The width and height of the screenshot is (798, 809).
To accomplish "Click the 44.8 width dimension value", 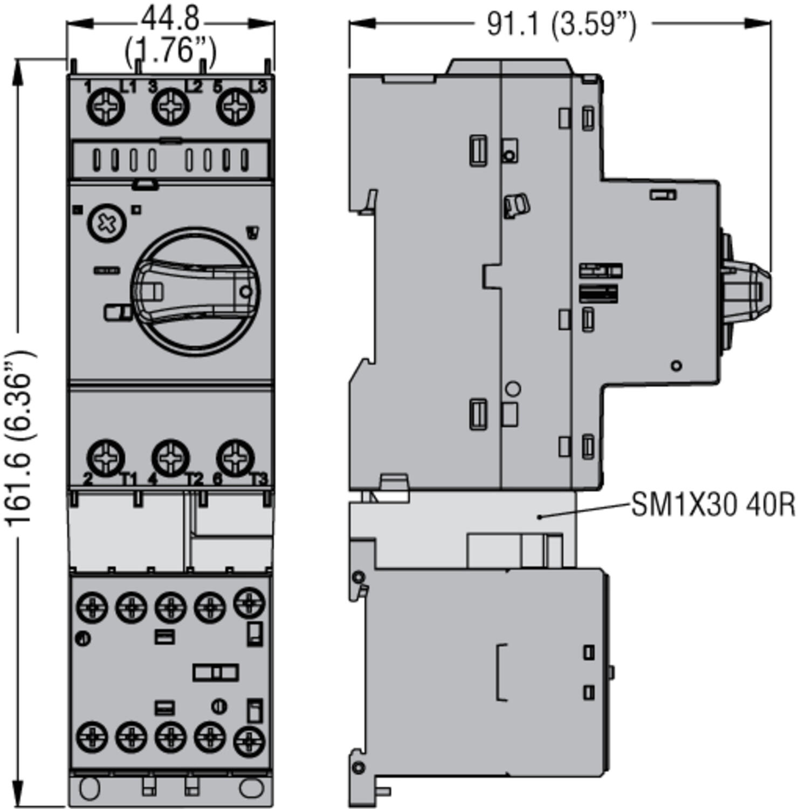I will [170, 20].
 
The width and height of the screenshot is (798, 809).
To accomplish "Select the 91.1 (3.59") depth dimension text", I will [561, 24].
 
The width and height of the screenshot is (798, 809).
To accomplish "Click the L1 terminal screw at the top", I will [105, 107].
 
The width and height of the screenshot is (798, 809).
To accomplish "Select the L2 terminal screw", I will [170, 107].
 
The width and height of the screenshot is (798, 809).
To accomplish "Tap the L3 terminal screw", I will [235, 107].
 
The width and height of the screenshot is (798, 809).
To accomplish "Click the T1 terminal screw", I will [105, 458].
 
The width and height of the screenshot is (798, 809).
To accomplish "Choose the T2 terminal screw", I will [170, 458].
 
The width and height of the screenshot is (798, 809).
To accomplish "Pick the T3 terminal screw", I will [235, 458].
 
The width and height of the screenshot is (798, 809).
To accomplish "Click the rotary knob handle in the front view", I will [195, 291].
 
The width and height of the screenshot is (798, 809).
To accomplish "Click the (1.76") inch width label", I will [170, 51].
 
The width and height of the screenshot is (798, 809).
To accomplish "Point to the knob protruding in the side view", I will [747, 291].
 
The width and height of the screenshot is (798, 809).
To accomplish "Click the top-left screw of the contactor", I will [92, 607].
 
